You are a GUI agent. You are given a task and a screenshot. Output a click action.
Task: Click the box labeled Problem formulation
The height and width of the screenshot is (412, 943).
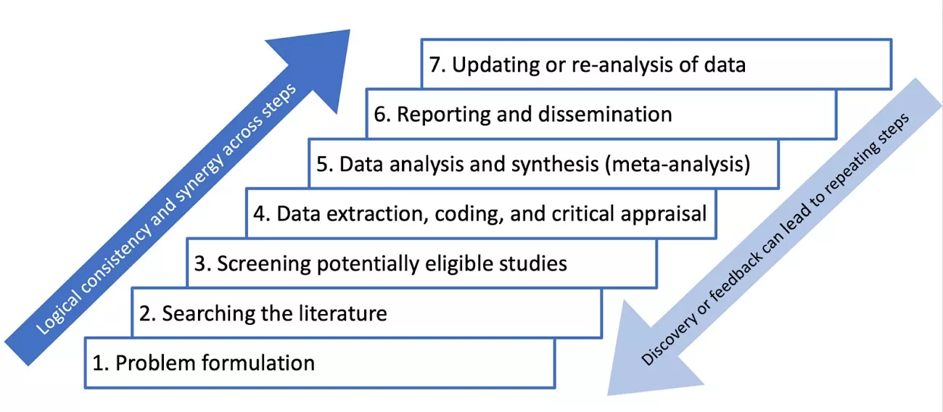click(319, 362)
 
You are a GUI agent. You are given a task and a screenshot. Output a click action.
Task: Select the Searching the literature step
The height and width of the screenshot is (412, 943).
click(366, 313)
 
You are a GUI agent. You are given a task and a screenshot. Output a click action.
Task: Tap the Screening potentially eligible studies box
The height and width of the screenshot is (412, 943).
click(421, 263)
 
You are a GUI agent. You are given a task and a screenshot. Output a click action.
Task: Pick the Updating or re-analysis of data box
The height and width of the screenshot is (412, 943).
click(656, 64)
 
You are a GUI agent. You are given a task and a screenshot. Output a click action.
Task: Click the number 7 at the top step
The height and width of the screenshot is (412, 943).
click(435, 64)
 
